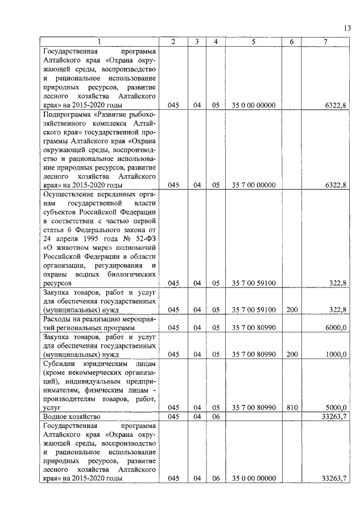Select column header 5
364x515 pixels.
(x=254, y=42)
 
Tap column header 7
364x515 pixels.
(x=325, y=42)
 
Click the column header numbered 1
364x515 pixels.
(x=100, y=42)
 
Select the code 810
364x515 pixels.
(x=292, y=407)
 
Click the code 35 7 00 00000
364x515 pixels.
(x=254, y=185)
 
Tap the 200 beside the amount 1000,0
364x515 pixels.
(x=292, y=354)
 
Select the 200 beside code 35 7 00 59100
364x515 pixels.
(x=292, y=310)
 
